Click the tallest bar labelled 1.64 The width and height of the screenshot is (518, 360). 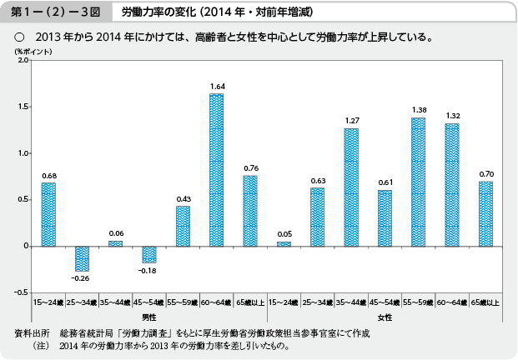216,170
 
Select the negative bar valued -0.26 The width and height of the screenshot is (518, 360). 82,258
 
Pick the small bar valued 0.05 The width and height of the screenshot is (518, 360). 284,244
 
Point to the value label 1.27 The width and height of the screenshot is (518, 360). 350,121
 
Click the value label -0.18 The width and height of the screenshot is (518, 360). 148,271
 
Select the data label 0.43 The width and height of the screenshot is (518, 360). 183,198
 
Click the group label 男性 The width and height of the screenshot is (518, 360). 148,317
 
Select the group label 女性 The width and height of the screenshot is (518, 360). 385,317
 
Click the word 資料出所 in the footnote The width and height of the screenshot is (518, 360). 32,333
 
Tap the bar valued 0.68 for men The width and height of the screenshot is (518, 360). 48,214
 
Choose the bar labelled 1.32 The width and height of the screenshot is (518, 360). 451,185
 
